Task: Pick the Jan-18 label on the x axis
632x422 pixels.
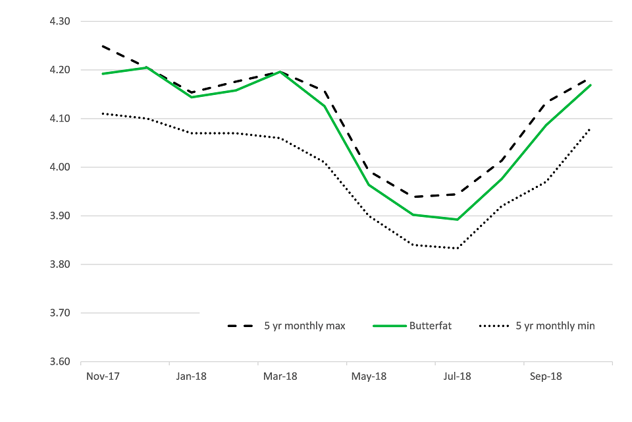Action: click(x=192, y=377)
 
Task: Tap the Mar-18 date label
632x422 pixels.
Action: click(x=280, y=377)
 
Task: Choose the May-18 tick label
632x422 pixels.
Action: click(x=369, y=377)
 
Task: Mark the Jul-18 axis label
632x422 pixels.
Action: click(x=457, y=377)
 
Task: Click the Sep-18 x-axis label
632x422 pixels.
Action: click(x=546, y=377)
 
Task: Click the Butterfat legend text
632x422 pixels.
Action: click(x=431, y=326)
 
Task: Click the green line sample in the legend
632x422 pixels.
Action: click(x=388, y=326)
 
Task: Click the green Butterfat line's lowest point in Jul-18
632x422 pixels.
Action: click(x=457, y=220)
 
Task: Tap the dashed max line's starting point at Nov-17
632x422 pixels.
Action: click(x=102, y=46)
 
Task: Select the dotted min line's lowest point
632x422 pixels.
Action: click(x=457, y=249)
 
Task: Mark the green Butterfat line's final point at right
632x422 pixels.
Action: click(x=590, y=85)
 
